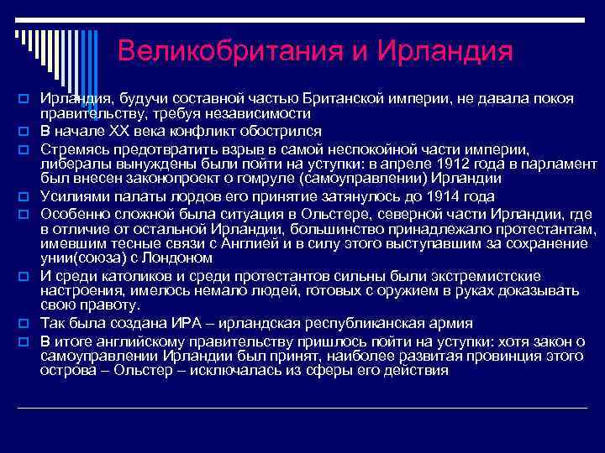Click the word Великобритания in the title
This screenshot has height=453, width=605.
[229, 50]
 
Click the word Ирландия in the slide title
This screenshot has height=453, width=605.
[445, 50]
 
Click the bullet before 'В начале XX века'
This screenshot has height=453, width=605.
[25, 132]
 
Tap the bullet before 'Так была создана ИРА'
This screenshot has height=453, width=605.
[25, 324]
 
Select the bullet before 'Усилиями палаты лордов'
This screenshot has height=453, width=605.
[25, 197]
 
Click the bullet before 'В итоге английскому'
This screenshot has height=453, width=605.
[25, 340]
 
